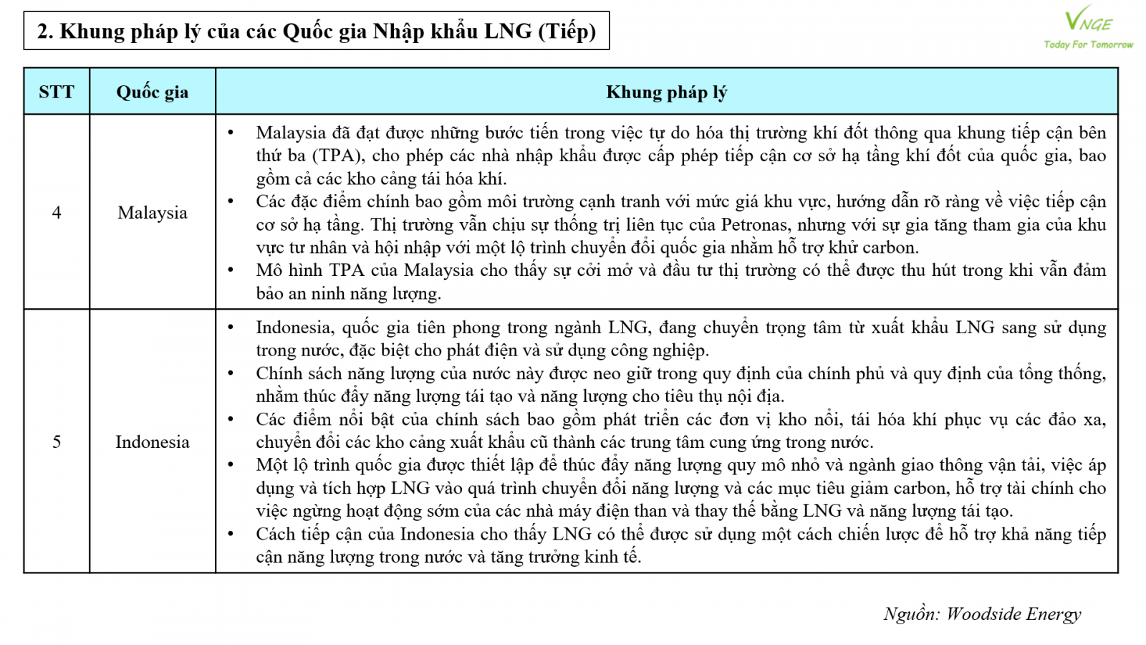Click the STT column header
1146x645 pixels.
[56, 92]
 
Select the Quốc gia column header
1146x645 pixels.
[152, 92]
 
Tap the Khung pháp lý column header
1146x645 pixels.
[666, 92]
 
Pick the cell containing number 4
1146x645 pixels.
[57, 212]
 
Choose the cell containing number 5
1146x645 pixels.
[57, 441]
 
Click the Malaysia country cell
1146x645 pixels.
[152, 212]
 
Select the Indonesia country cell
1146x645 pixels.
[152, 441]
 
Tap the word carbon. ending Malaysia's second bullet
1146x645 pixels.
[890, 247]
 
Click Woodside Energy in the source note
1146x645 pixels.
[1013, 613]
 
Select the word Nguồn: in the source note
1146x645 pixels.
[911, 613]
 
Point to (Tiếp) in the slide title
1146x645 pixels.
[567, 31]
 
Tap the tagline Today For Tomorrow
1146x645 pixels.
[1088, 44]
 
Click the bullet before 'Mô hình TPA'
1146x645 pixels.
[231, 270]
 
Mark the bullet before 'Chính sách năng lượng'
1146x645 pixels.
[231, 373]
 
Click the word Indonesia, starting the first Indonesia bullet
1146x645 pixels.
[294, 328]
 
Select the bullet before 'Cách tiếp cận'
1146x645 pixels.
[231, 534]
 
